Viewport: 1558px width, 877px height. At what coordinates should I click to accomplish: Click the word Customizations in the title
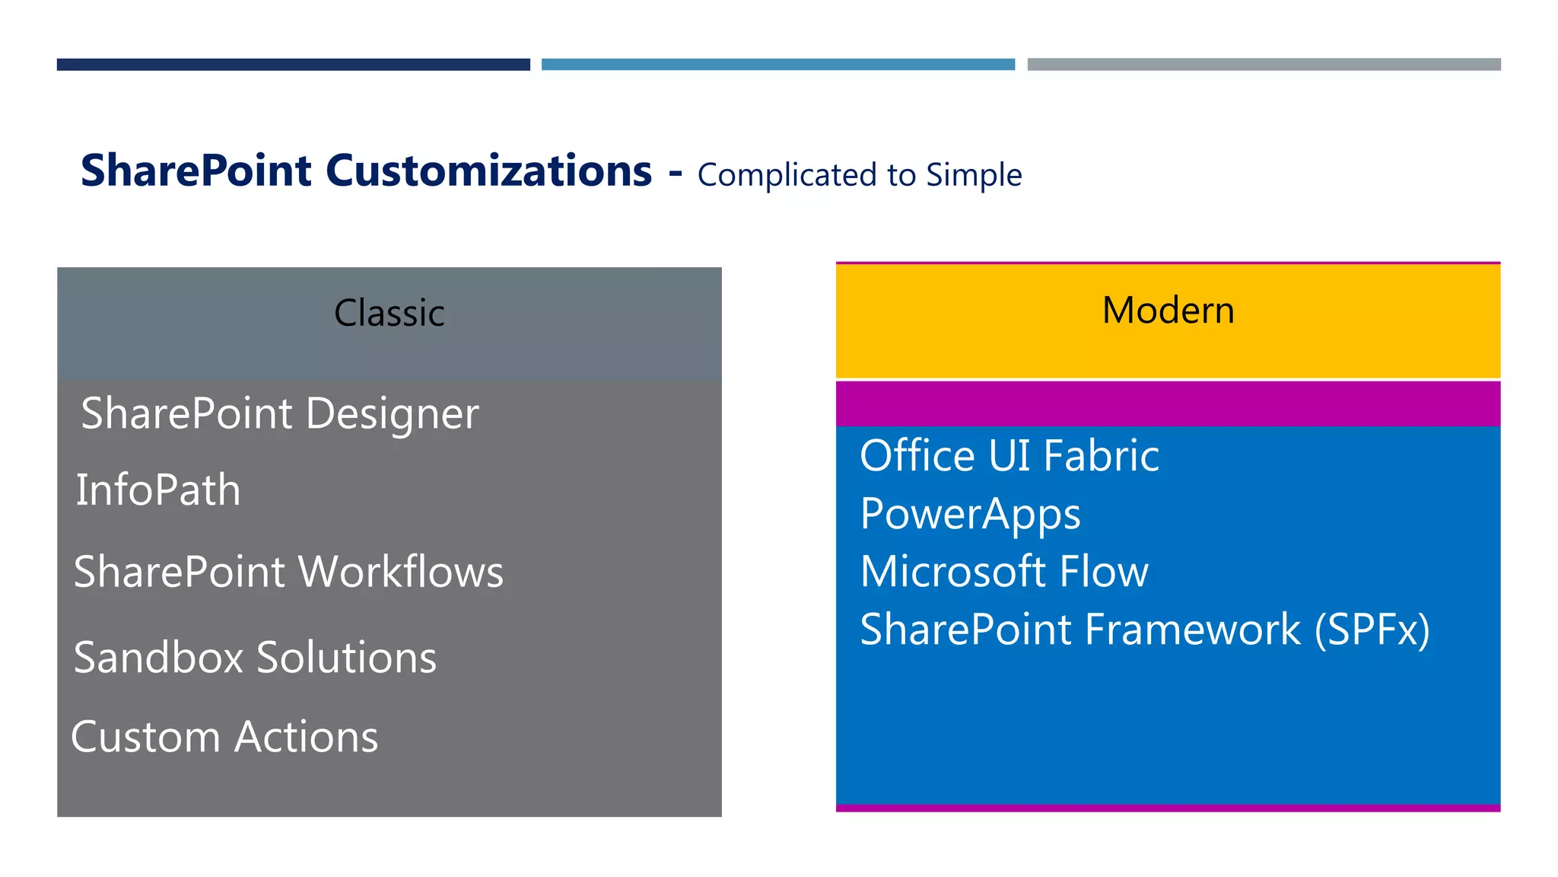click(488, 171)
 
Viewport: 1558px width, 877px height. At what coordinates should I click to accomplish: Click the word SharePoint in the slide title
click(196, 171)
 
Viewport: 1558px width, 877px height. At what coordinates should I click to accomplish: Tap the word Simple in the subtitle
click(974, 176)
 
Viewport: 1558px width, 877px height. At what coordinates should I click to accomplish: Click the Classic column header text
click(389, 313)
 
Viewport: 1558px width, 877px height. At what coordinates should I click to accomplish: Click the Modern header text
click(1168, 311)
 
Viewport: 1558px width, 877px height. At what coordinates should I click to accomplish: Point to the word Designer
click(393, 415)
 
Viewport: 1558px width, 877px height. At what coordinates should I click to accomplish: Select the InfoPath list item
click(158, 490)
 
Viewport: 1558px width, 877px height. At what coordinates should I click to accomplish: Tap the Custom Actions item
click(224, 737)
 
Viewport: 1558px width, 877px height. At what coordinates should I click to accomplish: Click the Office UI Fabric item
click(1009, 456)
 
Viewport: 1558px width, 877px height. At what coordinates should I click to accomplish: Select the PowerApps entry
click(970, 515)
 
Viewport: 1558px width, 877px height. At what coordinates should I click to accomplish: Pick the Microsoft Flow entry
click(1003, 572)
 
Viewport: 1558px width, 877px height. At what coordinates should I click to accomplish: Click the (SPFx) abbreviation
click(1372, 630)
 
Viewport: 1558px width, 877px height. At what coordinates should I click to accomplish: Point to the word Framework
click(1192, 630)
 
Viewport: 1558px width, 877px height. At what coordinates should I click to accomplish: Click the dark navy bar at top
click(293, 65)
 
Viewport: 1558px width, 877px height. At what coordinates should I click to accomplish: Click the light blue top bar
click(777, 65)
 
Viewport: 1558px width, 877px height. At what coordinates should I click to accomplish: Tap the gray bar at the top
click(1264, 65)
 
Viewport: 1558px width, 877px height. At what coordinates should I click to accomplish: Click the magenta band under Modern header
click(1168, 403)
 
